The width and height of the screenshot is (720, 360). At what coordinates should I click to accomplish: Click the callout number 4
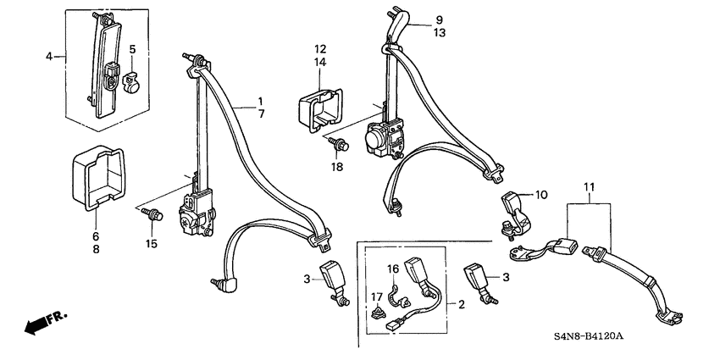[49, 57]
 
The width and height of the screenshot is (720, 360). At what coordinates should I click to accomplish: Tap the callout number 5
[132, 49]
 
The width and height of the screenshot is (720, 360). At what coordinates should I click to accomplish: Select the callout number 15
[152, 244]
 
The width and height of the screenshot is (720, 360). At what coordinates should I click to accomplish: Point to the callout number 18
[337, 167]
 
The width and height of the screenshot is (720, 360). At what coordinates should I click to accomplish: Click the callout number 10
[541, 195]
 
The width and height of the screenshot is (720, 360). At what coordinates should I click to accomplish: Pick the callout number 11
[590, 187]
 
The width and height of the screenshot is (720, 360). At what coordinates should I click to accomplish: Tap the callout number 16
[392, 269]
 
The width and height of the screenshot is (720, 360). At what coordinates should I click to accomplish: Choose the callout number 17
[377, 297]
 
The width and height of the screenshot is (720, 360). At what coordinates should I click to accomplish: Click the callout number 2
[462, 304]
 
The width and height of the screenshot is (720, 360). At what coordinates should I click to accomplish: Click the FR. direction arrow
[45, 321]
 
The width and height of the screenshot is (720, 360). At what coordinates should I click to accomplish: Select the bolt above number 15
[152, 214]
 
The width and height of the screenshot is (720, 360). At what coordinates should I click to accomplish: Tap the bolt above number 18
[339, 144]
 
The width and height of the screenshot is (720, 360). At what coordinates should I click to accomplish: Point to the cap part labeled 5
[130, 81]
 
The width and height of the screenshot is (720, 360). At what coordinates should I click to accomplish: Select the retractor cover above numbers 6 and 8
[98, 178]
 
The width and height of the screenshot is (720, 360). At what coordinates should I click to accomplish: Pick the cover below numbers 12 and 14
[320, 109]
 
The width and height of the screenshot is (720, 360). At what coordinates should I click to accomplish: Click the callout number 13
[440, 33]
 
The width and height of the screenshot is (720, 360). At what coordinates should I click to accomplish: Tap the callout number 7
[261, 114]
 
